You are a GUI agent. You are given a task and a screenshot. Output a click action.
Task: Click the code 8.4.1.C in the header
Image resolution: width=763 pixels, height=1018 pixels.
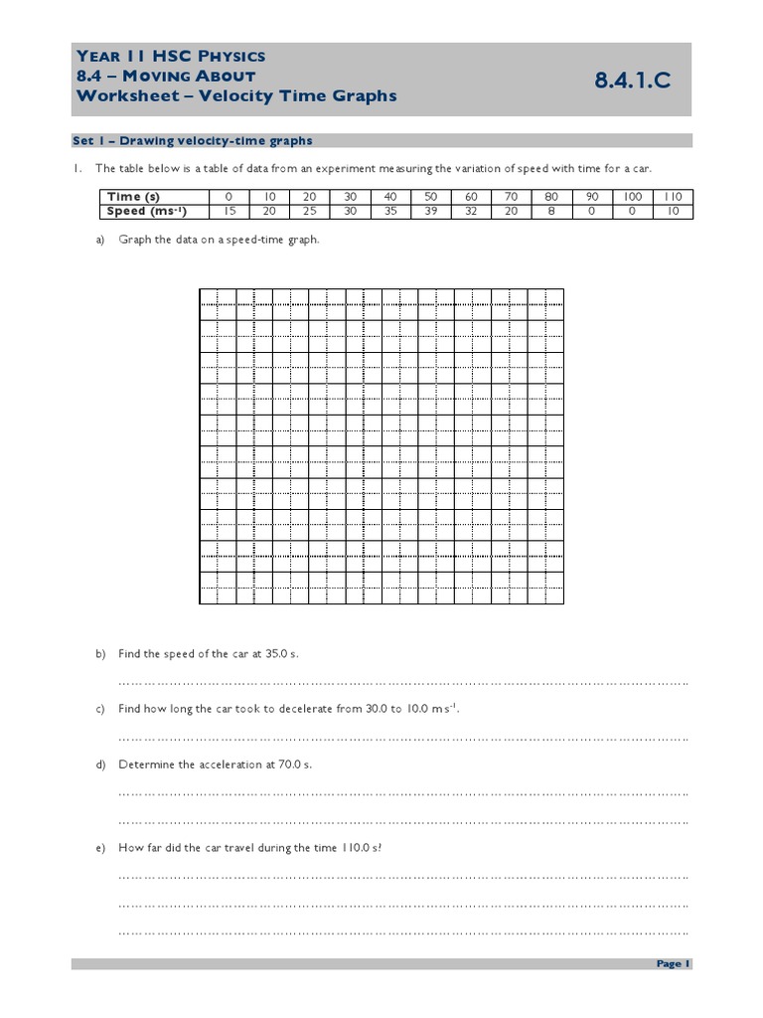point(632,82)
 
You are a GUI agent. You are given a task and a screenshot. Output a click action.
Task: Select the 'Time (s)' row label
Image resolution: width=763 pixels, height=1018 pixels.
point(133,197)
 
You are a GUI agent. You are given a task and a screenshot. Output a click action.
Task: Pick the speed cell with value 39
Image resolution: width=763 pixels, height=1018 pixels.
point(430,211)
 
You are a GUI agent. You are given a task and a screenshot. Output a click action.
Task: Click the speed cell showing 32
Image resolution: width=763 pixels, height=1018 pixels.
point(471,211)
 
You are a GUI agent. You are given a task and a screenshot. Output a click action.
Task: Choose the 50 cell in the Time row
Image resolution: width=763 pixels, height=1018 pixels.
point(430,197)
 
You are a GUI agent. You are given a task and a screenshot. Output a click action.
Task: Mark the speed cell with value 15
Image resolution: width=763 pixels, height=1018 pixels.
point(229,211)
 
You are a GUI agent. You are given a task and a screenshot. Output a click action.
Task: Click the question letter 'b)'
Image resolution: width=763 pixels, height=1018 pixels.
point(100,653)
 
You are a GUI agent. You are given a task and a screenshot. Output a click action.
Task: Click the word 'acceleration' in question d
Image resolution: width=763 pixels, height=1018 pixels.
point(232,764)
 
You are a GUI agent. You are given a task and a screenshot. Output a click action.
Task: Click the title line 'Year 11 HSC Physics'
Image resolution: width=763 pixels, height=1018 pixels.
point(170,57)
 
